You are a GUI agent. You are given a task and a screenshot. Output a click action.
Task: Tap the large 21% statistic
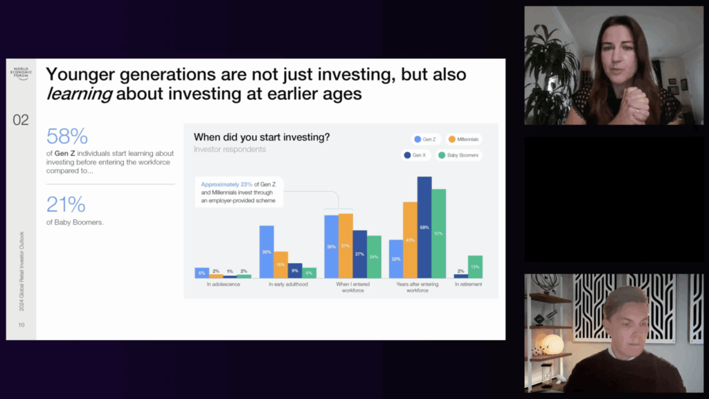(66, 204)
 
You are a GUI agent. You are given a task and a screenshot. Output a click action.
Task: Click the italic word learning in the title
(78, 94)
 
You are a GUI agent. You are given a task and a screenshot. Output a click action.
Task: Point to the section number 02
(21, 120)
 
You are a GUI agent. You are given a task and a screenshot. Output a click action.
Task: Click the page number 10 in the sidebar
(21, 324)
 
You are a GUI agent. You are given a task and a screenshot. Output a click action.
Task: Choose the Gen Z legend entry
(425, 139)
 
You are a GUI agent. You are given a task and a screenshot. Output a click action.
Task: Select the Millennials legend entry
(464, 139)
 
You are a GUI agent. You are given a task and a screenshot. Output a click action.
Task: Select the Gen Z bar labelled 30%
(267, 251)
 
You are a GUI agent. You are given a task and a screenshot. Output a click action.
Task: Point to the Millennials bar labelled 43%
(410, 240)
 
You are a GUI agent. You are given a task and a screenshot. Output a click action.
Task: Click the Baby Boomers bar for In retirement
(475, 267)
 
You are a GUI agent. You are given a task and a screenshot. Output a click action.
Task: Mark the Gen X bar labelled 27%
(360, 254)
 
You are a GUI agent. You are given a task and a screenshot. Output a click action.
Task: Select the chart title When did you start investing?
(262, 137)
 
